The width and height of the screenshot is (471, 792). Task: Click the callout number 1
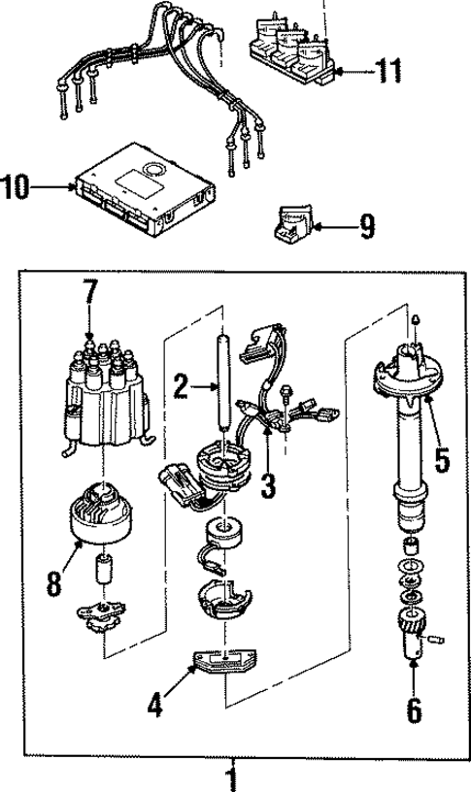click(x=231, y=776)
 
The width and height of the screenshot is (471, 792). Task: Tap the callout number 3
click(x=267, y=482)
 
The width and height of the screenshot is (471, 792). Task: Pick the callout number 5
click(x=442, y=458)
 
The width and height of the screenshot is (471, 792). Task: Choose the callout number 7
click(x=89, y=291)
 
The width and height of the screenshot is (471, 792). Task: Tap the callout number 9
click(x=365, y=227)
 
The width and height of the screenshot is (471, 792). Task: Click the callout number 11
click(x=389, y=70)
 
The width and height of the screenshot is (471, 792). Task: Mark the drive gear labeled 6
click(x=412, y=638)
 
